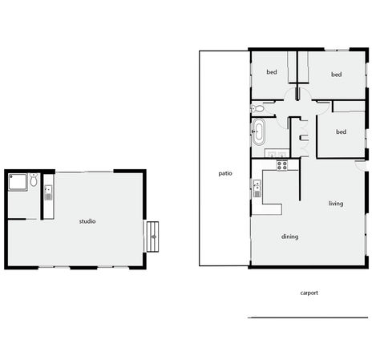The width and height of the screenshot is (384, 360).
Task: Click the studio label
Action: pyautogui.click(x=87, y=221)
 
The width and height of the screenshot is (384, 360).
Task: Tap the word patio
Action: pyautogui.click(x=225, y=173)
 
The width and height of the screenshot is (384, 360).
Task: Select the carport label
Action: pyautogui.click(x=309, y=293)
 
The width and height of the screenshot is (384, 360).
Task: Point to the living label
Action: pyautogui.click(x=336, y=204)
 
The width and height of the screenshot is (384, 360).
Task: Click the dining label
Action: pyautogui.click(x=289, y=237)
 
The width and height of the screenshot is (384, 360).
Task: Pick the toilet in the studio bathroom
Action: pyautogui.click(x=34, y=180)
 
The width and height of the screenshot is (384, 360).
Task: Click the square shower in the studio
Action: pyautogui.click(x=18, y=182)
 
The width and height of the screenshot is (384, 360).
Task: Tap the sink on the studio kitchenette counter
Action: pyautogui.click(x=48, y=192)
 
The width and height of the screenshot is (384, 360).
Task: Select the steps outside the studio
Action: pyautogui.click(x=152, y=237)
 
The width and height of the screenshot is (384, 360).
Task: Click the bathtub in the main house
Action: pyautogui.click(x=259, y=131)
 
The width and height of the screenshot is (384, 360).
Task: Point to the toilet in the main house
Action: pyautogui.click(x=257, y=108)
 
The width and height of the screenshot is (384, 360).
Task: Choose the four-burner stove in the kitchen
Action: pyautogui.click(x=281, y=165)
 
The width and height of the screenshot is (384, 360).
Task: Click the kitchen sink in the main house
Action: pyautogui.click(x=257, y=188)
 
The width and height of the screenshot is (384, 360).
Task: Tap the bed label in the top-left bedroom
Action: pyautogui.click(x=272, y=72)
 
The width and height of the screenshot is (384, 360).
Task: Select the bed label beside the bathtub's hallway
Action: pyautogui.click(x=341, y=131)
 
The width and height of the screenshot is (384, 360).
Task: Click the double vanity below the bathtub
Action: pyautogui.click(x=277, y=153)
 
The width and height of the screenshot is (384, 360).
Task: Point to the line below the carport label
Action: pyautogui.click(x=308, y=318)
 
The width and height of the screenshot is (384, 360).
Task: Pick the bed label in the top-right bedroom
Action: pyautogui.click(x=336, y=75)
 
